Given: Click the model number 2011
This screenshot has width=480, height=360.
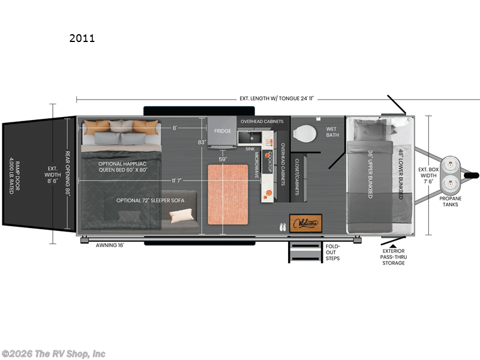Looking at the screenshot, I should click(82, 39).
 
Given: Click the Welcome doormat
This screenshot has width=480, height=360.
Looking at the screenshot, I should click(305, 223).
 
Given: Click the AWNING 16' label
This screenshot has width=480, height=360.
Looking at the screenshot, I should click(110, 244).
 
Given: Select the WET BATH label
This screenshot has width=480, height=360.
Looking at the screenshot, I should click(332, 132).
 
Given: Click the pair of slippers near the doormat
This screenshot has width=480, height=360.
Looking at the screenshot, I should click(282, 227).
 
